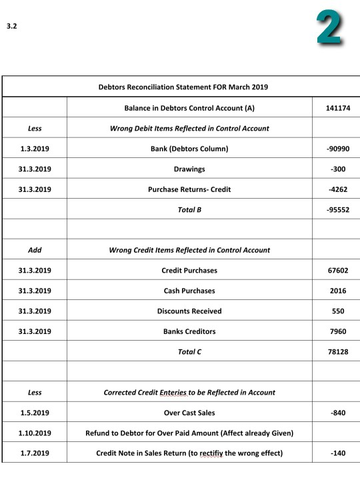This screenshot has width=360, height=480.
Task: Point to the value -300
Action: (339, 169)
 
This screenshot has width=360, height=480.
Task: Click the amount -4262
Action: (338, 189)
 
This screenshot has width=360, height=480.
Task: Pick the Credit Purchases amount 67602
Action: (336, 270)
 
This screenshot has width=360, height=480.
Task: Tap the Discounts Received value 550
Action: (339, 311)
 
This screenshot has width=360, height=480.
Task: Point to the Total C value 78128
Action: (336, 351)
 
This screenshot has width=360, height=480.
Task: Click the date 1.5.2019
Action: (34, 413)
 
